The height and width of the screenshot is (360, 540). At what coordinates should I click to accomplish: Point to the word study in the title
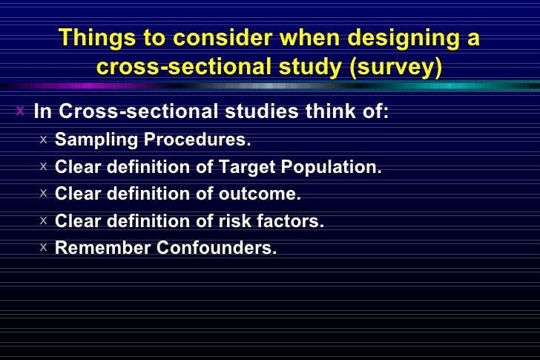(x=299, y=68)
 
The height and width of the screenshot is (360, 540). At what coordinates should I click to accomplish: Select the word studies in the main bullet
(x=257, y=112)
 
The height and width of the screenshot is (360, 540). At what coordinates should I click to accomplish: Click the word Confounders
(x=216, y=248)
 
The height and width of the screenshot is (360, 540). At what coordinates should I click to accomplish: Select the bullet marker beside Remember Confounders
(x=45, y=246)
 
